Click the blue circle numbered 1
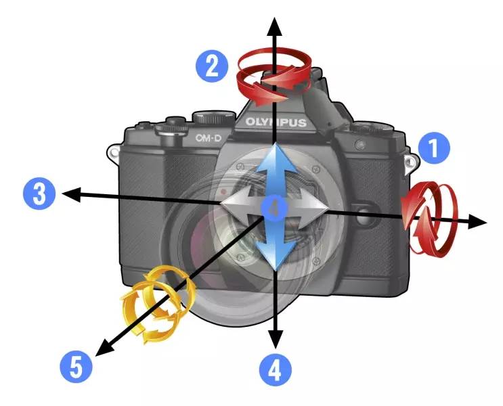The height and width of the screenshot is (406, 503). pyautogui.click(x=434, y=148)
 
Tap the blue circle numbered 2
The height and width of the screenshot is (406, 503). pyautogui.click(x=212, y=66)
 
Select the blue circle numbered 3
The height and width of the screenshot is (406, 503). pyautogui.click(x=39, y=194)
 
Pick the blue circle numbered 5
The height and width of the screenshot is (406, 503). pyautogui.click(x=76, y=367)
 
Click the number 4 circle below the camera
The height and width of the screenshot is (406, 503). pyautogui.click(x=276, y=370)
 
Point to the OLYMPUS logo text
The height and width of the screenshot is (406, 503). pyautogui.click(x=276, y=122)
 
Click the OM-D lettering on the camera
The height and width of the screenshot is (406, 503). pyautogui.click(x=209, y=138)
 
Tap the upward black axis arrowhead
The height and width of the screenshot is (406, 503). pyautogui.click(x=274, y=26)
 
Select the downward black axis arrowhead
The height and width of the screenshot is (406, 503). pyautogui.click(x=276, y=339)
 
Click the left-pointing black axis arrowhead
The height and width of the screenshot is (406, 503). pyautogui.click(x=71, y=194)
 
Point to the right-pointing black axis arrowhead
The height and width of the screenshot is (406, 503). pyautogui.click(x=478, y=221)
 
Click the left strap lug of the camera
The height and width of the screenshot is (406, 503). pyautogui.click(x=114, y=153)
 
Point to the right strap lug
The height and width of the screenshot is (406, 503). pyautogui.click(x=412, y=163)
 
